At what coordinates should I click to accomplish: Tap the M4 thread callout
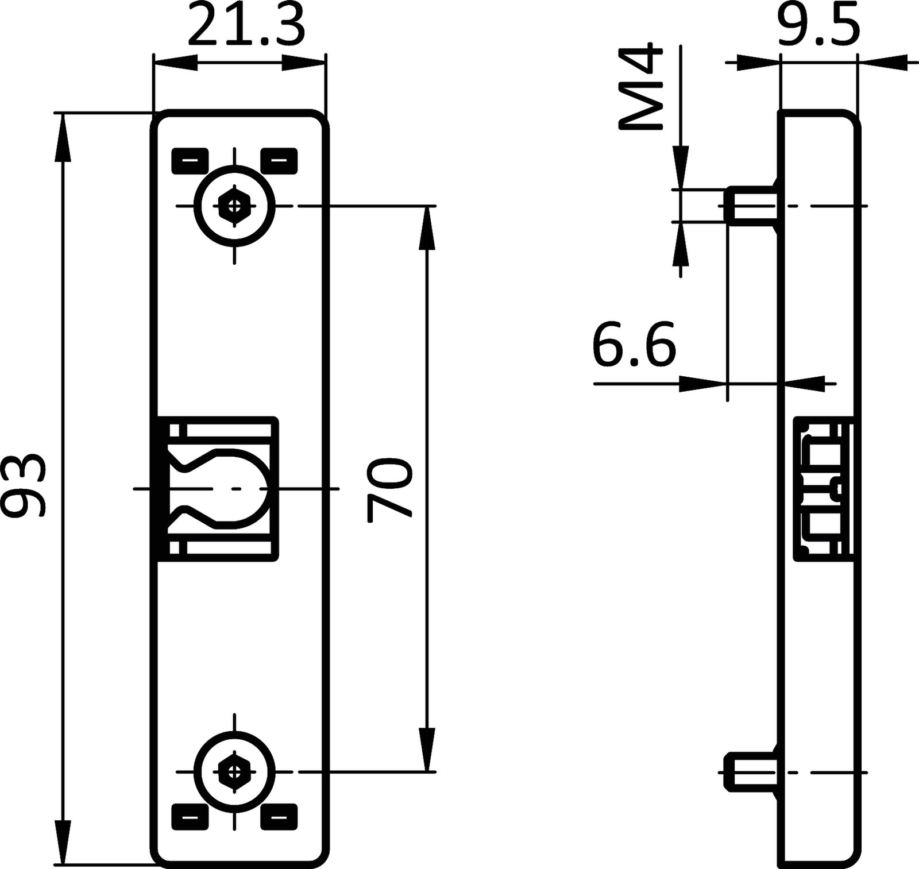(x=640, y=87)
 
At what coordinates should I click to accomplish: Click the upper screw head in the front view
(x=234, y=206)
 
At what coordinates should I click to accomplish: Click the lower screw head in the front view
(x=234, y=771)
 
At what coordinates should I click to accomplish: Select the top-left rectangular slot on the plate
(x=190, y=161)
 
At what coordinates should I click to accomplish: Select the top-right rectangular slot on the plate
(x=279, y=161)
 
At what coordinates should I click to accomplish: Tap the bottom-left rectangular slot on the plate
(x=190, y=816)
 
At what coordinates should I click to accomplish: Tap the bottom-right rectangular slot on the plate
(x=279, y=816)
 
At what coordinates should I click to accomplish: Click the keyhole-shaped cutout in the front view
(x=230, y=488)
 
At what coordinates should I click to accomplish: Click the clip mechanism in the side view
(x=823, y=488)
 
